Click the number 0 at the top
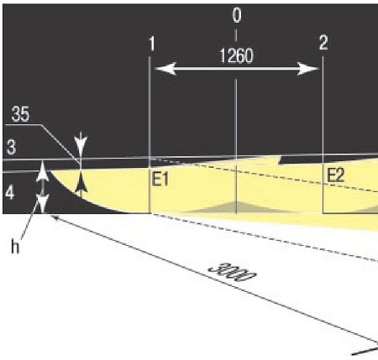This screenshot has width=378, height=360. click(x=237, y=15)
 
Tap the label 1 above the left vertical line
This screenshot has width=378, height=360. click(x=152, y=44)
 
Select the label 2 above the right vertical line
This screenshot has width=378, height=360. click(x=323, y=43)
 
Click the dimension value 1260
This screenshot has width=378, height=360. click(x=237, y=55)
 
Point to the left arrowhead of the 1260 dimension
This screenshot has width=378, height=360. click(x=165, y=69)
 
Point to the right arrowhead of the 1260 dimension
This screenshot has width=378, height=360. click(x=308, y=69)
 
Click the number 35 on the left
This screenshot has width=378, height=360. click(x=20, y=114)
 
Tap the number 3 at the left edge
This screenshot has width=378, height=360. click(x=11, y=148)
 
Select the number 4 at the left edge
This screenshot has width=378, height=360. click(x=10, y=193)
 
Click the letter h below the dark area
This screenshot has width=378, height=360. click(x=15, y=247)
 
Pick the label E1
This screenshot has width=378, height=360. click(x=160, y=180)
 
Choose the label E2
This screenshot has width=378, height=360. click(x=335, y=176)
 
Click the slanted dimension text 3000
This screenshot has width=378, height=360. click(x=233, y=272)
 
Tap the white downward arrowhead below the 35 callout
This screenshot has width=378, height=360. click(x=81, y=143)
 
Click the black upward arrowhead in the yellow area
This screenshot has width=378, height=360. click(x=81, y=182)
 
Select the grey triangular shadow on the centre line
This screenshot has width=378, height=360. click(x=236, y=207)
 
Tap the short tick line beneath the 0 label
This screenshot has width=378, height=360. click(x=235, y=35)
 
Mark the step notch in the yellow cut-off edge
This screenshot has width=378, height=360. click(x=280, y=160)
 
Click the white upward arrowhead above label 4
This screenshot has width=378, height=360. click(x=42, y=171)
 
